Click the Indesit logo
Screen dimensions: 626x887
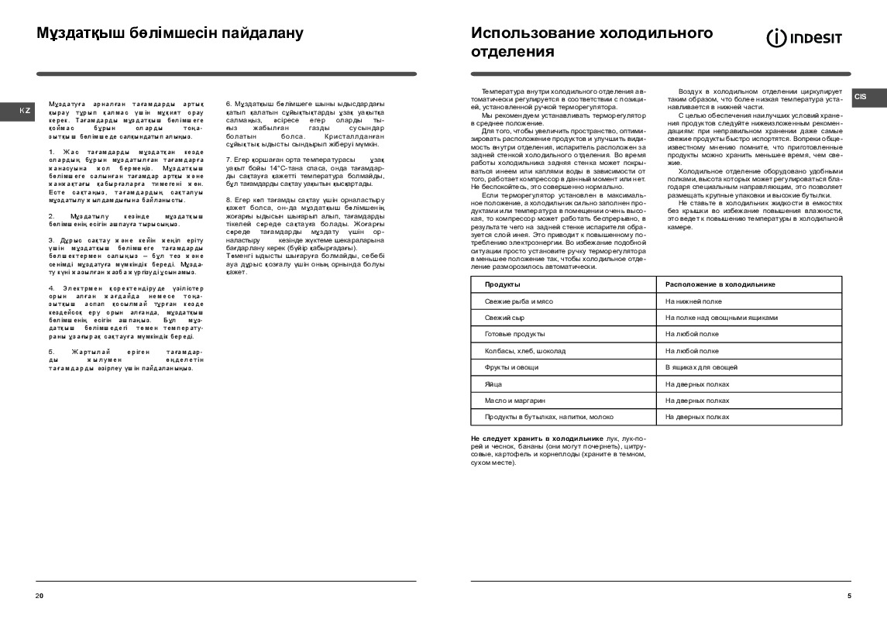pyautogui.click(x=804, y=38)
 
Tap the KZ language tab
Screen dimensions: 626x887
pyautogui.click(x=25, y=111)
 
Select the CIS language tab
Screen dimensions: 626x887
pyautogui.click(x=861, y=97)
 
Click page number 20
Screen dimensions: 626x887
pyautogui.click(x=40, y=595)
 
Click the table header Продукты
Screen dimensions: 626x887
pyautogui.click(x=502, y=284)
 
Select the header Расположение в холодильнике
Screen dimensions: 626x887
pyautogui.click(x=720, y=284)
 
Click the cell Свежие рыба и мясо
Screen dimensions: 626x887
pyautogui.click(x=518, y=301)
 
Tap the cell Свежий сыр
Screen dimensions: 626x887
pyautogui.click(x=504, y=318)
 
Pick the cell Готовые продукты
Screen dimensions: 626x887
pyautogui.click(x=514, y=334)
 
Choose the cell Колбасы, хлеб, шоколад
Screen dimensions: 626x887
pyautogui.click(x=524, y=351)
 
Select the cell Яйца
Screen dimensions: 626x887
pyautogui.click(x=493, y=384)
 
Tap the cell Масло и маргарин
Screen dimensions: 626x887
pyautogui.click(x=515, y=401)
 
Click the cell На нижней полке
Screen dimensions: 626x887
pyautogui.click(x=693, y=301)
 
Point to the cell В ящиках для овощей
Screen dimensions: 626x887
pyautogui.click(x=701, y=367)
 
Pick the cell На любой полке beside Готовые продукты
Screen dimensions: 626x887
pyautogui.click(x=692, y=334)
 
